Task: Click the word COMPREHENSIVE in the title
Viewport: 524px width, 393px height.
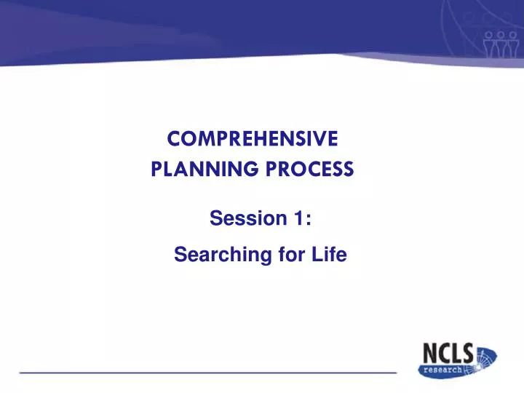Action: click(253, 138)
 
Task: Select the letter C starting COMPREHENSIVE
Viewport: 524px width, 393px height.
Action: click(173, 138)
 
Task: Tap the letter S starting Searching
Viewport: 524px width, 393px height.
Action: click(180, 255)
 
